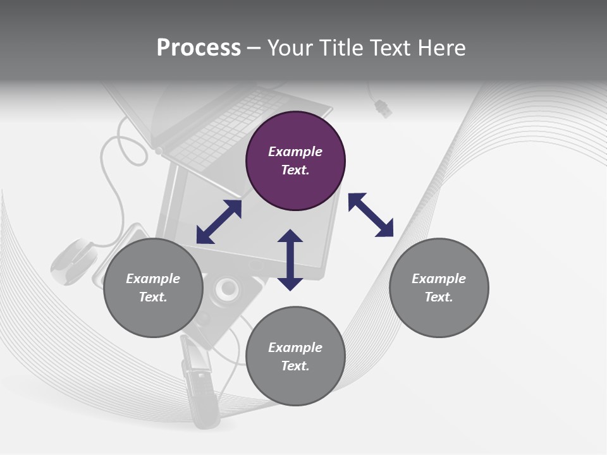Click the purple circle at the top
295,161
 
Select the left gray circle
153,288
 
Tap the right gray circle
439,288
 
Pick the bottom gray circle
295,356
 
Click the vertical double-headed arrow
290,260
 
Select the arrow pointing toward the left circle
219,222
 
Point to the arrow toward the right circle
371,215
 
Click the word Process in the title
199,47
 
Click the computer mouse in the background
73,260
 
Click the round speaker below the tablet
228,289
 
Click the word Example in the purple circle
295,152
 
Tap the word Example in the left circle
153,279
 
